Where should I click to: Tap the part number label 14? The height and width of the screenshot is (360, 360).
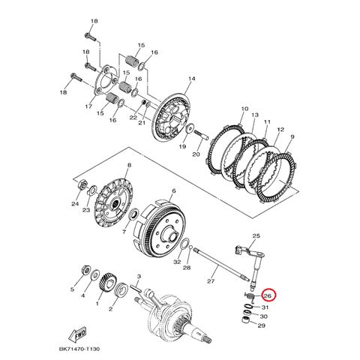(x=191, y=79)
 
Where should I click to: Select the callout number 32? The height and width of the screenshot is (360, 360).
(x=177, y=262)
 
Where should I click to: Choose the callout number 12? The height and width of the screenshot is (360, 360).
(x=280, y=128)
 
